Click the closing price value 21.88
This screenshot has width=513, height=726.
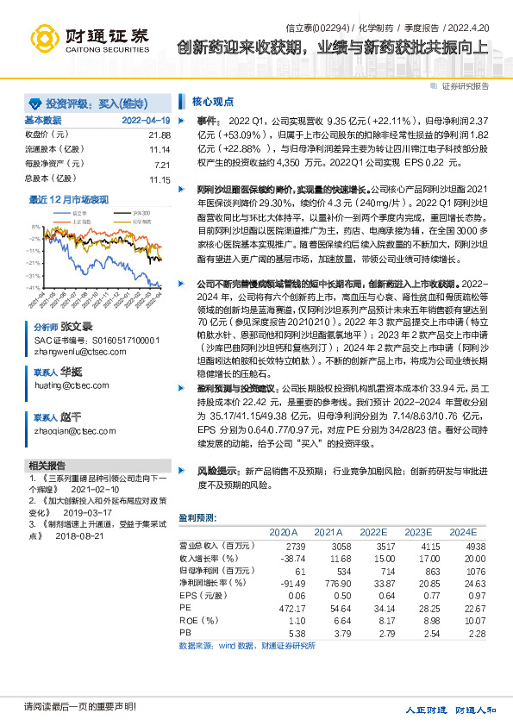[160, 135]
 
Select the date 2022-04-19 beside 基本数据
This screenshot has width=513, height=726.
[147, 121]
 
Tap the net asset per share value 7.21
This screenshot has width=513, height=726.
[162, 165]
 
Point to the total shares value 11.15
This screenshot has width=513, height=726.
[160, 179]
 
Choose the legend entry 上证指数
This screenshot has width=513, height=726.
[78, 220]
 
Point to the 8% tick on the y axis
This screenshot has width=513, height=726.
[35, 229]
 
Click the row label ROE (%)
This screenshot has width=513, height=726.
[197, 619]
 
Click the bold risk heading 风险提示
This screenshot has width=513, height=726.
[218, 471]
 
